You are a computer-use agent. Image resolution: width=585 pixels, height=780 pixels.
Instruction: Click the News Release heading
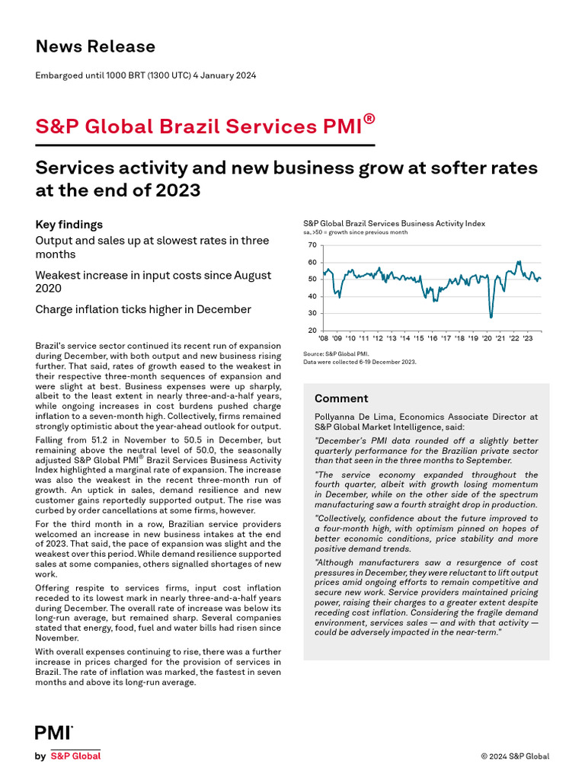pos(95,46)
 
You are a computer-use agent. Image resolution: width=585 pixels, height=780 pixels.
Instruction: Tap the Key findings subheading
pos(69,225)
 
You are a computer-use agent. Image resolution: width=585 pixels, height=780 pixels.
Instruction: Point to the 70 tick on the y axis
pos(312,245)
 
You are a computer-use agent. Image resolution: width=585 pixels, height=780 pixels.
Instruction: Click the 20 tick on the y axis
pos(312,331)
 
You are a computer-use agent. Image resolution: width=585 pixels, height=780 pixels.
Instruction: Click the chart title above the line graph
pos(394,224)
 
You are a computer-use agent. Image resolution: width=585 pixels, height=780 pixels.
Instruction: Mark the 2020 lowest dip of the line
pos(491,316)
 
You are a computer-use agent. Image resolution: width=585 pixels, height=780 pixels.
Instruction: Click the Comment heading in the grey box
pos(341,398)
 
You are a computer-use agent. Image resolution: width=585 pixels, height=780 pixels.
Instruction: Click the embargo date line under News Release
pos(145,75)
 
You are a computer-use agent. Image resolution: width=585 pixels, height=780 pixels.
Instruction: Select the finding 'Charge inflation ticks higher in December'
pos(143,309)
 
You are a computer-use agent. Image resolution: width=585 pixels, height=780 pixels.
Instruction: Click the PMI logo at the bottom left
pos(53,733)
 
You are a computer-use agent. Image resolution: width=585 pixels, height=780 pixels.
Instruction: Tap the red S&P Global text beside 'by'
pos(75,756)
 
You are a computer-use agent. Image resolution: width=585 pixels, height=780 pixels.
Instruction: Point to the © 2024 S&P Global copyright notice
pos(514,756)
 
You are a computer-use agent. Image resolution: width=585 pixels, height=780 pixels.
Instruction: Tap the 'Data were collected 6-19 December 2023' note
pos(360,362)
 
